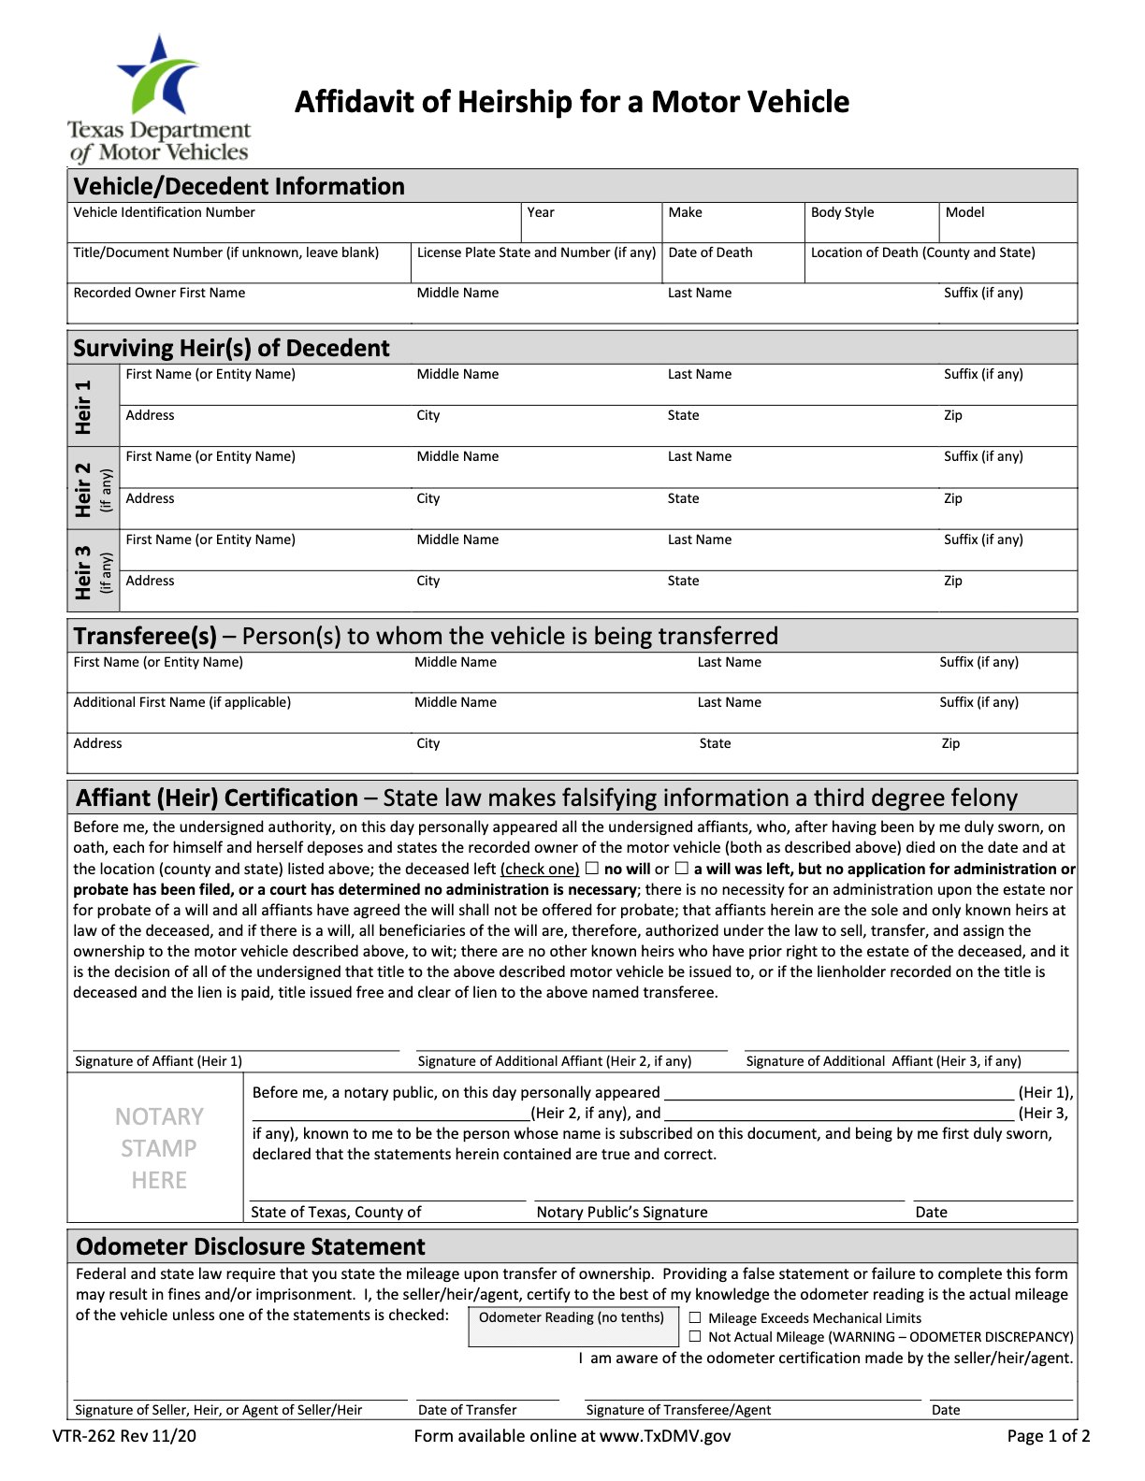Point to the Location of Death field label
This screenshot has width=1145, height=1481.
point(922,252)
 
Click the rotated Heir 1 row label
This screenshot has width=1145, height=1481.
point(84,406)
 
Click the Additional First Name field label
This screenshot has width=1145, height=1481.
point(182,702)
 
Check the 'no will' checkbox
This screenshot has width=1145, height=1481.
point(591,869)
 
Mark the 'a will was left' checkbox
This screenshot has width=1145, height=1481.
point(682,869)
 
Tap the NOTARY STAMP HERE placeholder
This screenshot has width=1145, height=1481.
point(159,1148)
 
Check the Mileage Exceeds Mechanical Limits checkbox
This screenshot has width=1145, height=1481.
point(695,1317)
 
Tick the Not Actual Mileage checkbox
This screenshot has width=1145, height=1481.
point(695,1336)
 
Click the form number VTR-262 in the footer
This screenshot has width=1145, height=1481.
point(124,1436)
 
